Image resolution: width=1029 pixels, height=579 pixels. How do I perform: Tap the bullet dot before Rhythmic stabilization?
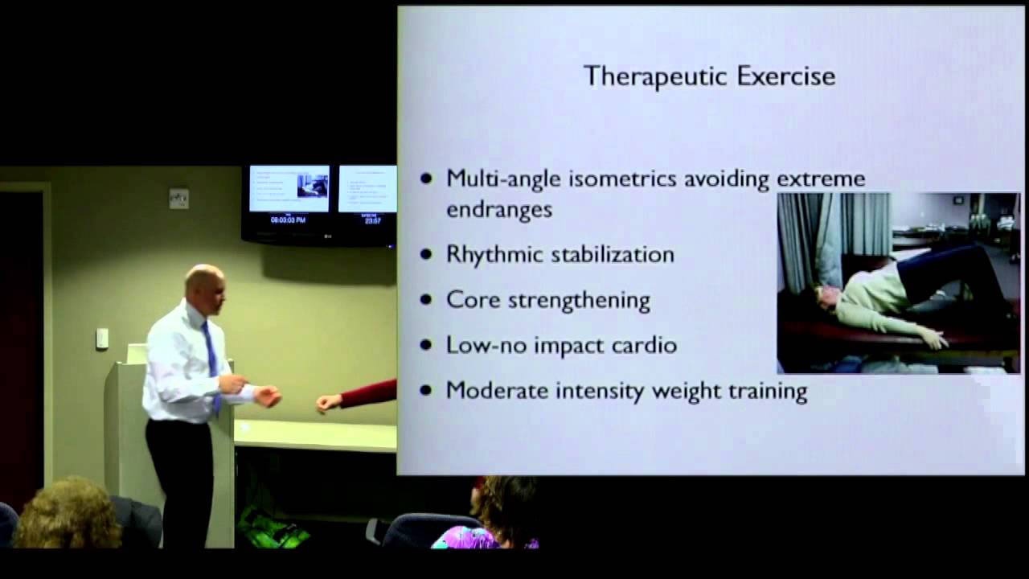(426, 255)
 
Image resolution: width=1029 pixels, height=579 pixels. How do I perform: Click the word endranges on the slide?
(499, 209)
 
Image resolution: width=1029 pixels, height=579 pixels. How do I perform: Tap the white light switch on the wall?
(102, 339)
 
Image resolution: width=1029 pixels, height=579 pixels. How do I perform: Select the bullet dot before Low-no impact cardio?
(426, 346)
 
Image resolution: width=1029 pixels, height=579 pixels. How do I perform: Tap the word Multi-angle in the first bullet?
(503, 179)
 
